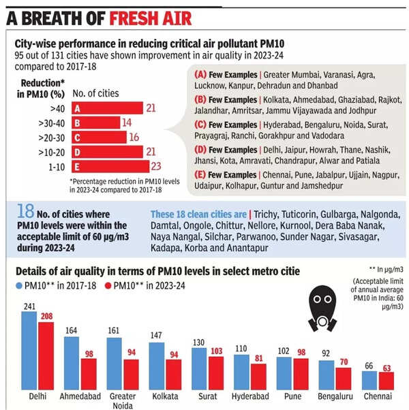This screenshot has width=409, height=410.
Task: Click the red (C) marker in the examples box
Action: [201, 125]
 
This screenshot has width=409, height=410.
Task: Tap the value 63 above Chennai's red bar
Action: [387, 368]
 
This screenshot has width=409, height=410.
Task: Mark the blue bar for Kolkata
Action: [156, 365]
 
